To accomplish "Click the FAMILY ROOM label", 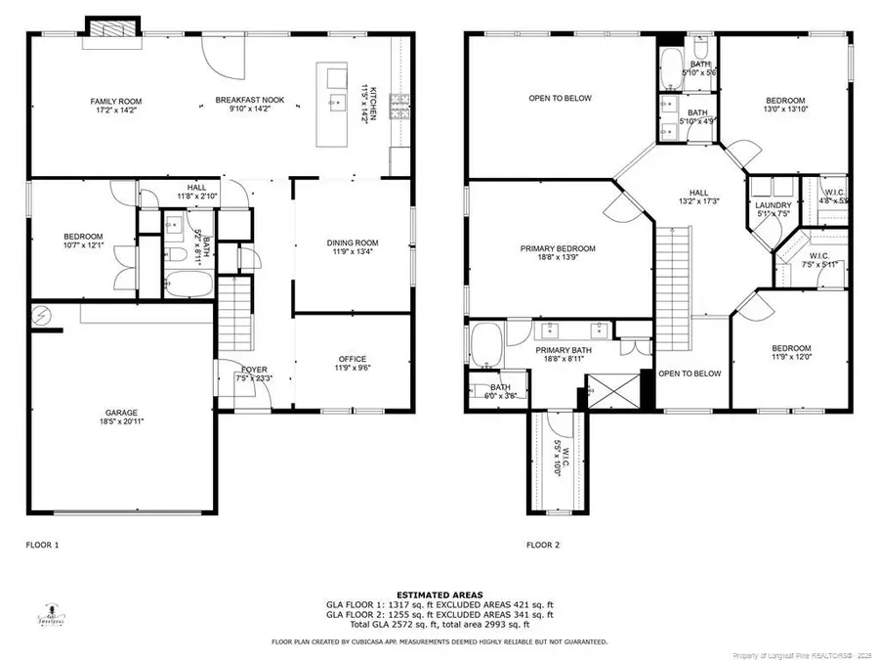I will click(x=117, y=101).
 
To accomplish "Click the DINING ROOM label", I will click(x=352, y=243).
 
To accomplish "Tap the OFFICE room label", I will click(x=352, y=359).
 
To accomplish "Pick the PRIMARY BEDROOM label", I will click(x=557, y=248).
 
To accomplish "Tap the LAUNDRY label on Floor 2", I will click(x=772, y=204).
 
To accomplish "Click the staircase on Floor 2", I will click(x=672, y=269).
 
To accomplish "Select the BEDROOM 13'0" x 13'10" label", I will click(x=784, y=101).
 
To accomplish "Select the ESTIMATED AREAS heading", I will click(x=439, y=594).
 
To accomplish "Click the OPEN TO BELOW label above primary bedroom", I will click(x=560, y=98).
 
